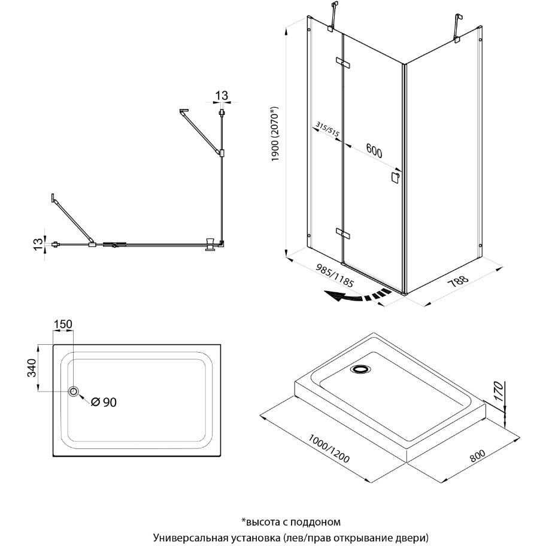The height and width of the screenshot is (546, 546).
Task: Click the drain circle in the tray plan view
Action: [x=74, y=392]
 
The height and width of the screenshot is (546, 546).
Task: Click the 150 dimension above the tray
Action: [x=63, y=324]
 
